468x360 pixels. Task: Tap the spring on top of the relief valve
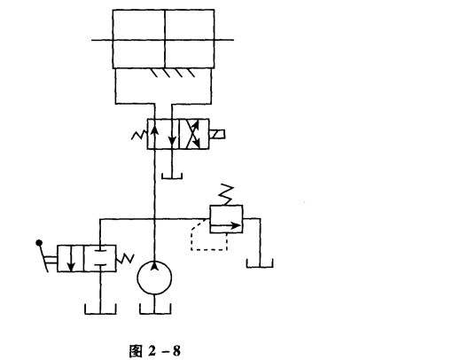click(226, 195)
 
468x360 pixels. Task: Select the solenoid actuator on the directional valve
click(217, 134)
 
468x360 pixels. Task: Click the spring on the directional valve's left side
click(140, 135)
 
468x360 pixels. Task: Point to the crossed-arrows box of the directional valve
click(194, 134)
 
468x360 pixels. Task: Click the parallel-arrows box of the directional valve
click(163, 134)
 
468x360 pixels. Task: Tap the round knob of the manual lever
click(39, 243)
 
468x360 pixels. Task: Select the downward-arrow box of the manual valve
click(71, 259)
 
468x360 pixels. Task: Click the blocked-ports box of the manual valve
click(100, 259)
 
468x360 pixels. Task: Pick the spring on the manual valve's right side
click(125, 259)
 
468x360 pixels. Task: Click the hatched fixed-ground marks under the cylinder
click(173, 73)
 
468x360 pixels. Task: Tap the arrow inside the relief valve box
click(225, 226)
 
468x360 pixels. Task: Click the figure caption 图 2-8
click(155, 351)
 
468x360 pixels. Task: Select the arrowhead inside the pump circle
click(154, 265)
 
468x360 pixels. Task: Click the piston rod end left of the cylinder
click(102, 40)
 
